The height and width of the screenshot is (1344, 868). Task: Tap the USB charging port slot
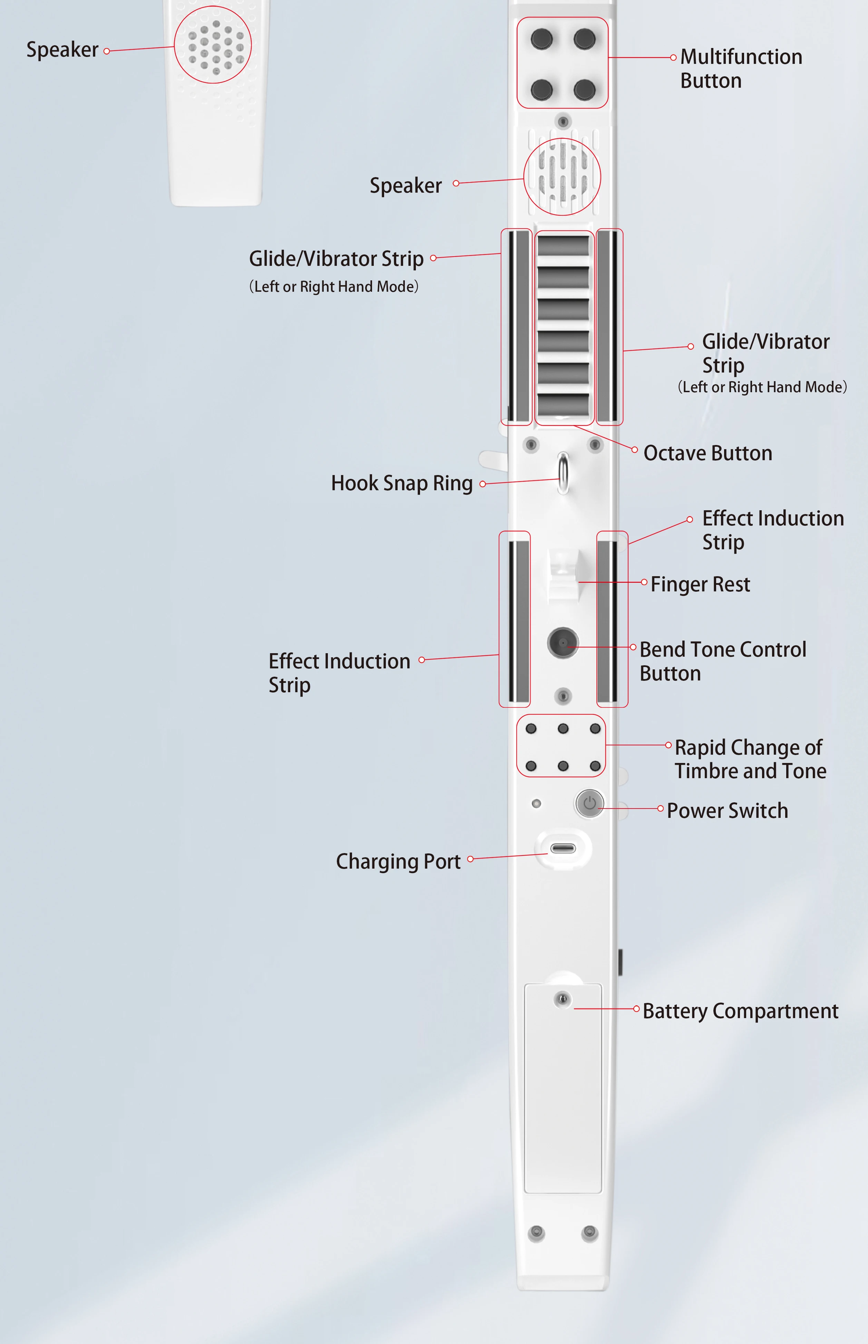(x=563, y=849)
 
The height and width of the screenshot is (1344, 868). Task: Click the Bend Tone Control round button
(x=563, y=643)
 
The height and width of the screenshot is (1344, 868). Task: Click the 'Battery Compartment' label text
(x=740, y=1011)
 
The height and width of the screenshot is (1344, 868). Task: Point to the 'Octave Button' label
(x=708, y=453)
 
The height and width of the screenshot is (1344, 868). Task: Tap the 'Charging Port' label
(x=398, y=861)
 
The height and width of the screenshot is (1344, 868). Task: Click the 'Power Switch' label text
(x=727, y=811)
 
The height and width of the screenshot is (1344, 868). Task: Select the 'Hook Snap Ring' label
(x=401, y=483)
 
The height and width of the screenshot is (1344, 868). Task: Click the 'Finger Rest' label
(x=700, y=584)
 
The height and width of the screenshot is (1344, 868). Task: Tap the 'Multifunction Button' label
(x=741, y=69)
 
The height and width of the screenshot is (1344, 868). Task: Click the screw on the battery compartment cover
(x=562, y=999)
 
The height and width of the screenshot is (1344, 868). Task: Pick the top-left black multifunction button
(x=542, y=39)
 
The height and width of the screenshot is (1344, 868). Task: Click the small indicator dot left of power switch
(x=536, y=803)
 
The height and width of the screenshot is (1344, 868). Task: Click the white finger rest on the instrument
(x=563, y=575)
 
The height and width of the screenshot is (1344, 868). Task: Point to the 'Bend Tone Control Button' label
(x=723, y=661)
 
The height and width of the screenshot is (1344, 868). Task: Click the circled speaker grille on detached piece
(x=213, y=45)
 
